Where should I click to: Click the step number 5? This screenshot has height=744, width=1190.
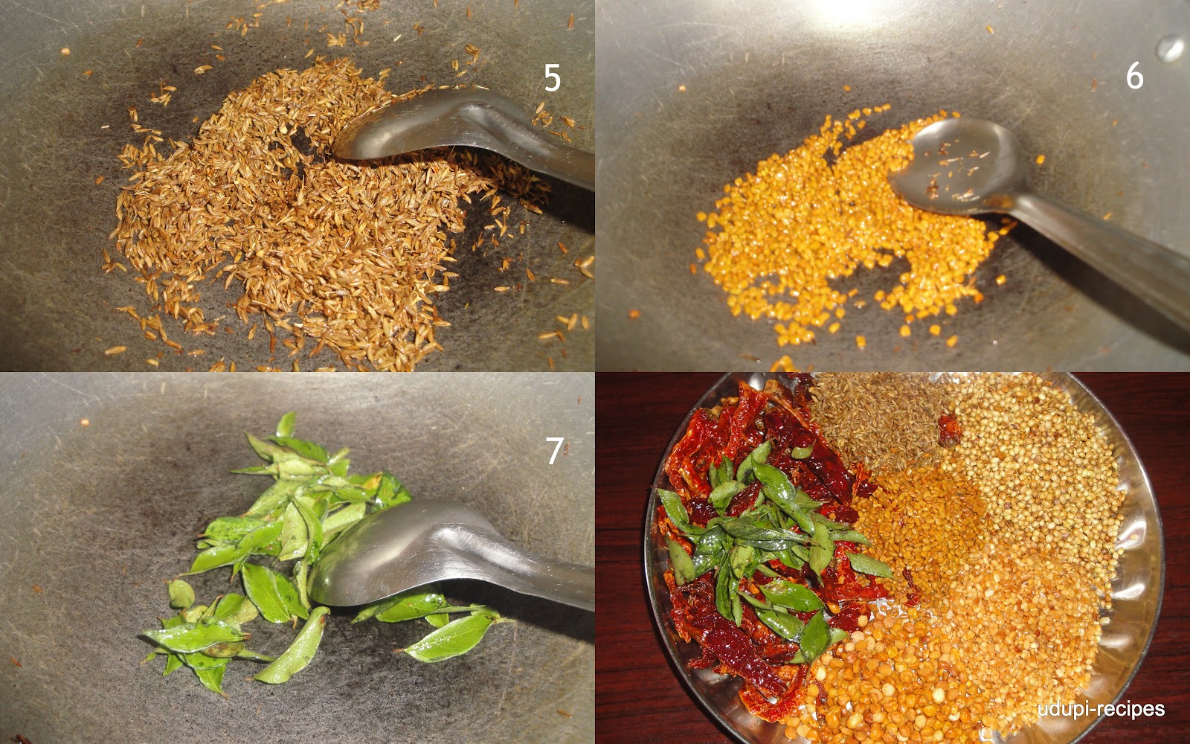tap(552, 78)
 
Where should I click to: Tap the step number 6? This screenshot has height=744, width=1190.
tap(1134, 76)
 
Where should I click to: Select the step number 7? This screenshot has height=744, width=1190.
tap(554, 451)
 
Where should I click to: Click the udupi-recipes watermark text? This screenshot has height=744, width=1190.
tap(1101, 710)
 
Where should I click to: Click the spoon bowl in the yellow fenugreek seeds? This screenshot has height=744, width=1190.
tap(956, 164)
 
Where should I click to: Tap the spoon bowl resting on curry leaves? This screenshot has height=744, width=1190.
tap(393, 553)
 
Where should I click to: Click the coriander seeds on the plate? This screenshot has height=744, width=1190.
tap(1036, 468)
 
